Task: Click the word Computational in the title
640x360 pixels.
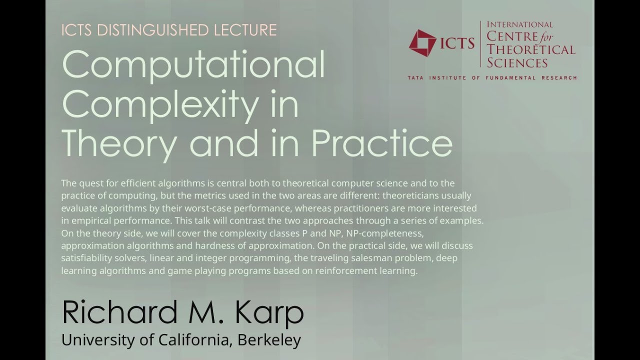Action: point(193,65)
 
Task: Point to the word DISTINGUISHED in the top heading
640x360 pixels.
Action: point(152,30)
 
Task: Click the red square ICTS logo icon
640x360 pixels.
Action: point(422,43)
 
